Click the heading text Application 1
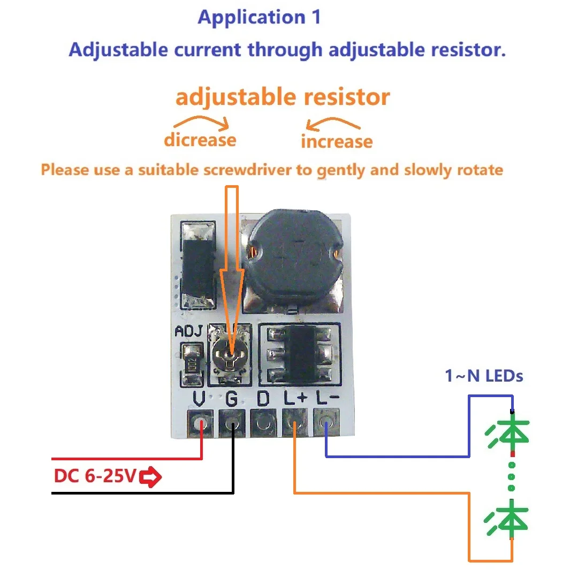(259, 17)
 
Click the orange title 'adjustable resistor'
(283, 97)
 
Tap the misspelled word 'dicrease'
(200, 140)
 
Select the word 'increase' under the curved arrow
(336, 142)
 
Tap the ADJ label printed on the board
(188, 332)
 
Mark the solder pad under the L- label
(325, 424)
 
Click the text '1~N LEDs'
(484, 376)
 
